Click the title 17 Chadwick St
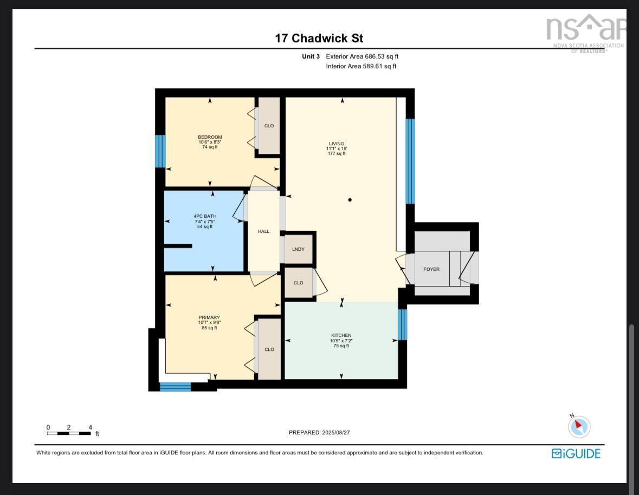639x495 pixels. click(319, 38)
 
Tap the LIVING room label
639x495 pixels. click(336, 144)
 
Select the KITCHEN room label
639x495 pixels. click(341, 336)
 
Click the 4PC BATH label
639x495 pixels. click(205, 217)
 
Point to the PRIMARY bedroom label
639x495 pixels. click(209, 318)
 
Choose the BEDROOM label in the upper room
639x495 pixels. click(210, 138)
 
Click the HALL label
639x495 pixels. click(263, 232)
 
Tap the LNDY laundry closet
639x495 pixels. click(298, 249)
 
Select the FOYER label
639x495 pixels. click(431, 269)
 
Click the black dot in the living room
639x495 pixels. click(350, 200)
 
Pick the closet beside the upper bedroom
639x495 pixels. click(269, 126)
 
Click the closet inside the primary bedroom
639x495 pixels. click(269, 349)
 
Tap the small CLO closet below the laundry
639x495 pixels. click(298, 283)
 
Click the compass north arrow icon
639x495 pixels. click(578, 426)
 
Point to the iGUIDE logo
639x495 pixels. click(576, 453)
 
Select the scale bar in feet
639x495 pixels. click(69, 433)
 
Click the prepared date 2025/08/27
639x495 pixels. click(322, 433)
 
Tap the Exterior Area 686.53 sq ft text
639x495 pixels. click(362, 56)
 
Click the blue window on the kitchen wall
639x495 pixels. click(402, 324)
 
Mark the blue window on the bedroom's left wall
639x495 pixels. click(160, 151)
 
